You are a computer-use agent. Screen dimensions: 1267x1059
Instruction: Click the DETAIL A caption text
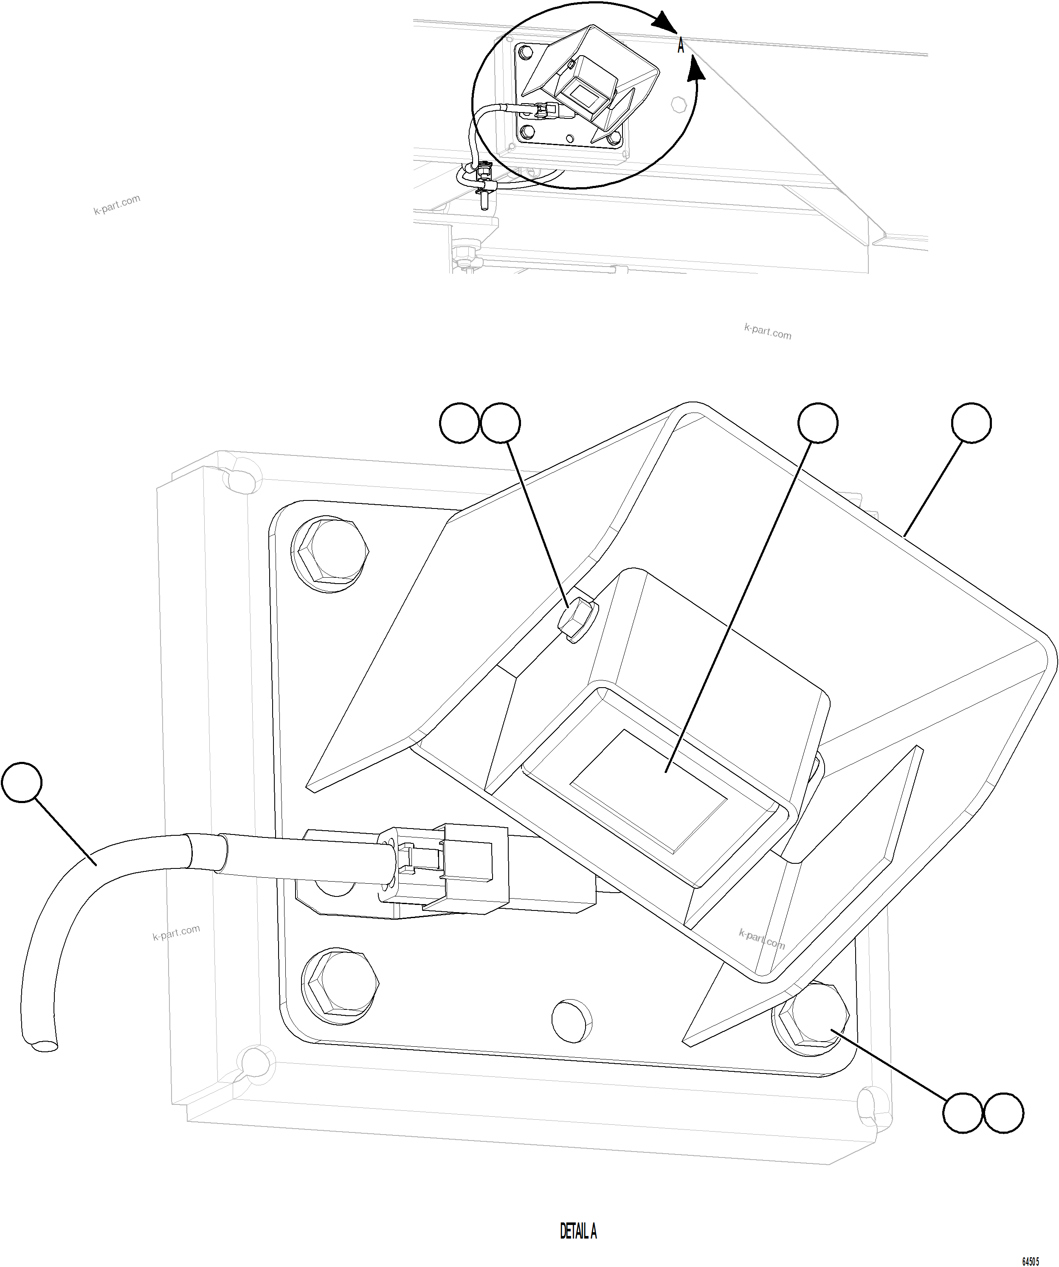[578, 1231]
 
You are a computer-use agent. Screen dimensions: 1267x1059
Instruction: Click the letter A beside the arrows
[681, 46]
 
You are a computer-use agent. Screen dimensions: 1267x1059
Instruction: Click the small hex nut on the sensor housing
[576, 621]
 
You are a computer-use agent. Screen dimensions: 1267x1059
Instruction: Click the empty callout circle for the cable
[22, 783]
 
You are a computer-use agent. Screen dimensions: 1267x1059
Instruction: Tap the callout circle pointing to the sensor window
[818, 422]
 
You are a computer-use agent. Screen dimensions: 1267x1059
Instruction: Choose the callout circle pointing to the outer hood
[971, 423]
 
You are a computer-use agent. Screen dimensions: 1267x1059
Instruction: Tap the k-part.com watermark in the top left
[117, 205]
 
